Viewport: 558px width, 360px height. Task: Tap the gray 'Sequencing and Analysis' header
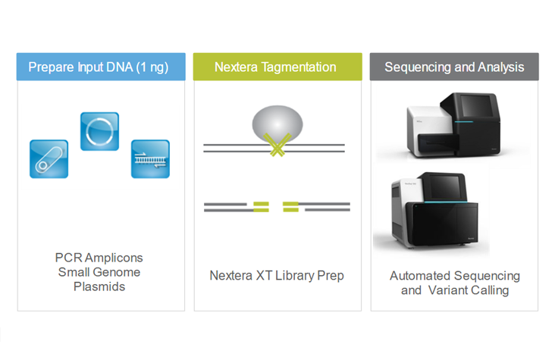(x=454, y=67)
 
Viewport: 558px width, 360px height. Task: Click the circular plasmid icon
(x=99, y=131)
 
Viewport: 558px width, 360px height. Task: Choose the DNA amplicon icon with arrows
(x=150, y=158)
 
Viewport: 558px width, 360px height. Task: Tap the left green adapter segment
(x=261, y=205)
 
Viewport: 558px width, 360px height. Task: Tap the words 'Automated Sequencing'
(x=455, y=275)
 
